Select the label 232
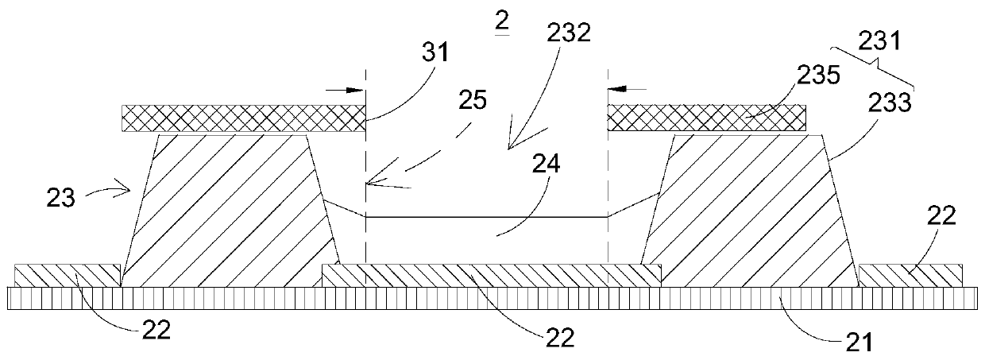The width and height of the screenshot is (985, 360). [x=569, y=36]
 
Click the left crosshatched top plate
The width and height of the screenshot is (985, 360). [x=242, y=119]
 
